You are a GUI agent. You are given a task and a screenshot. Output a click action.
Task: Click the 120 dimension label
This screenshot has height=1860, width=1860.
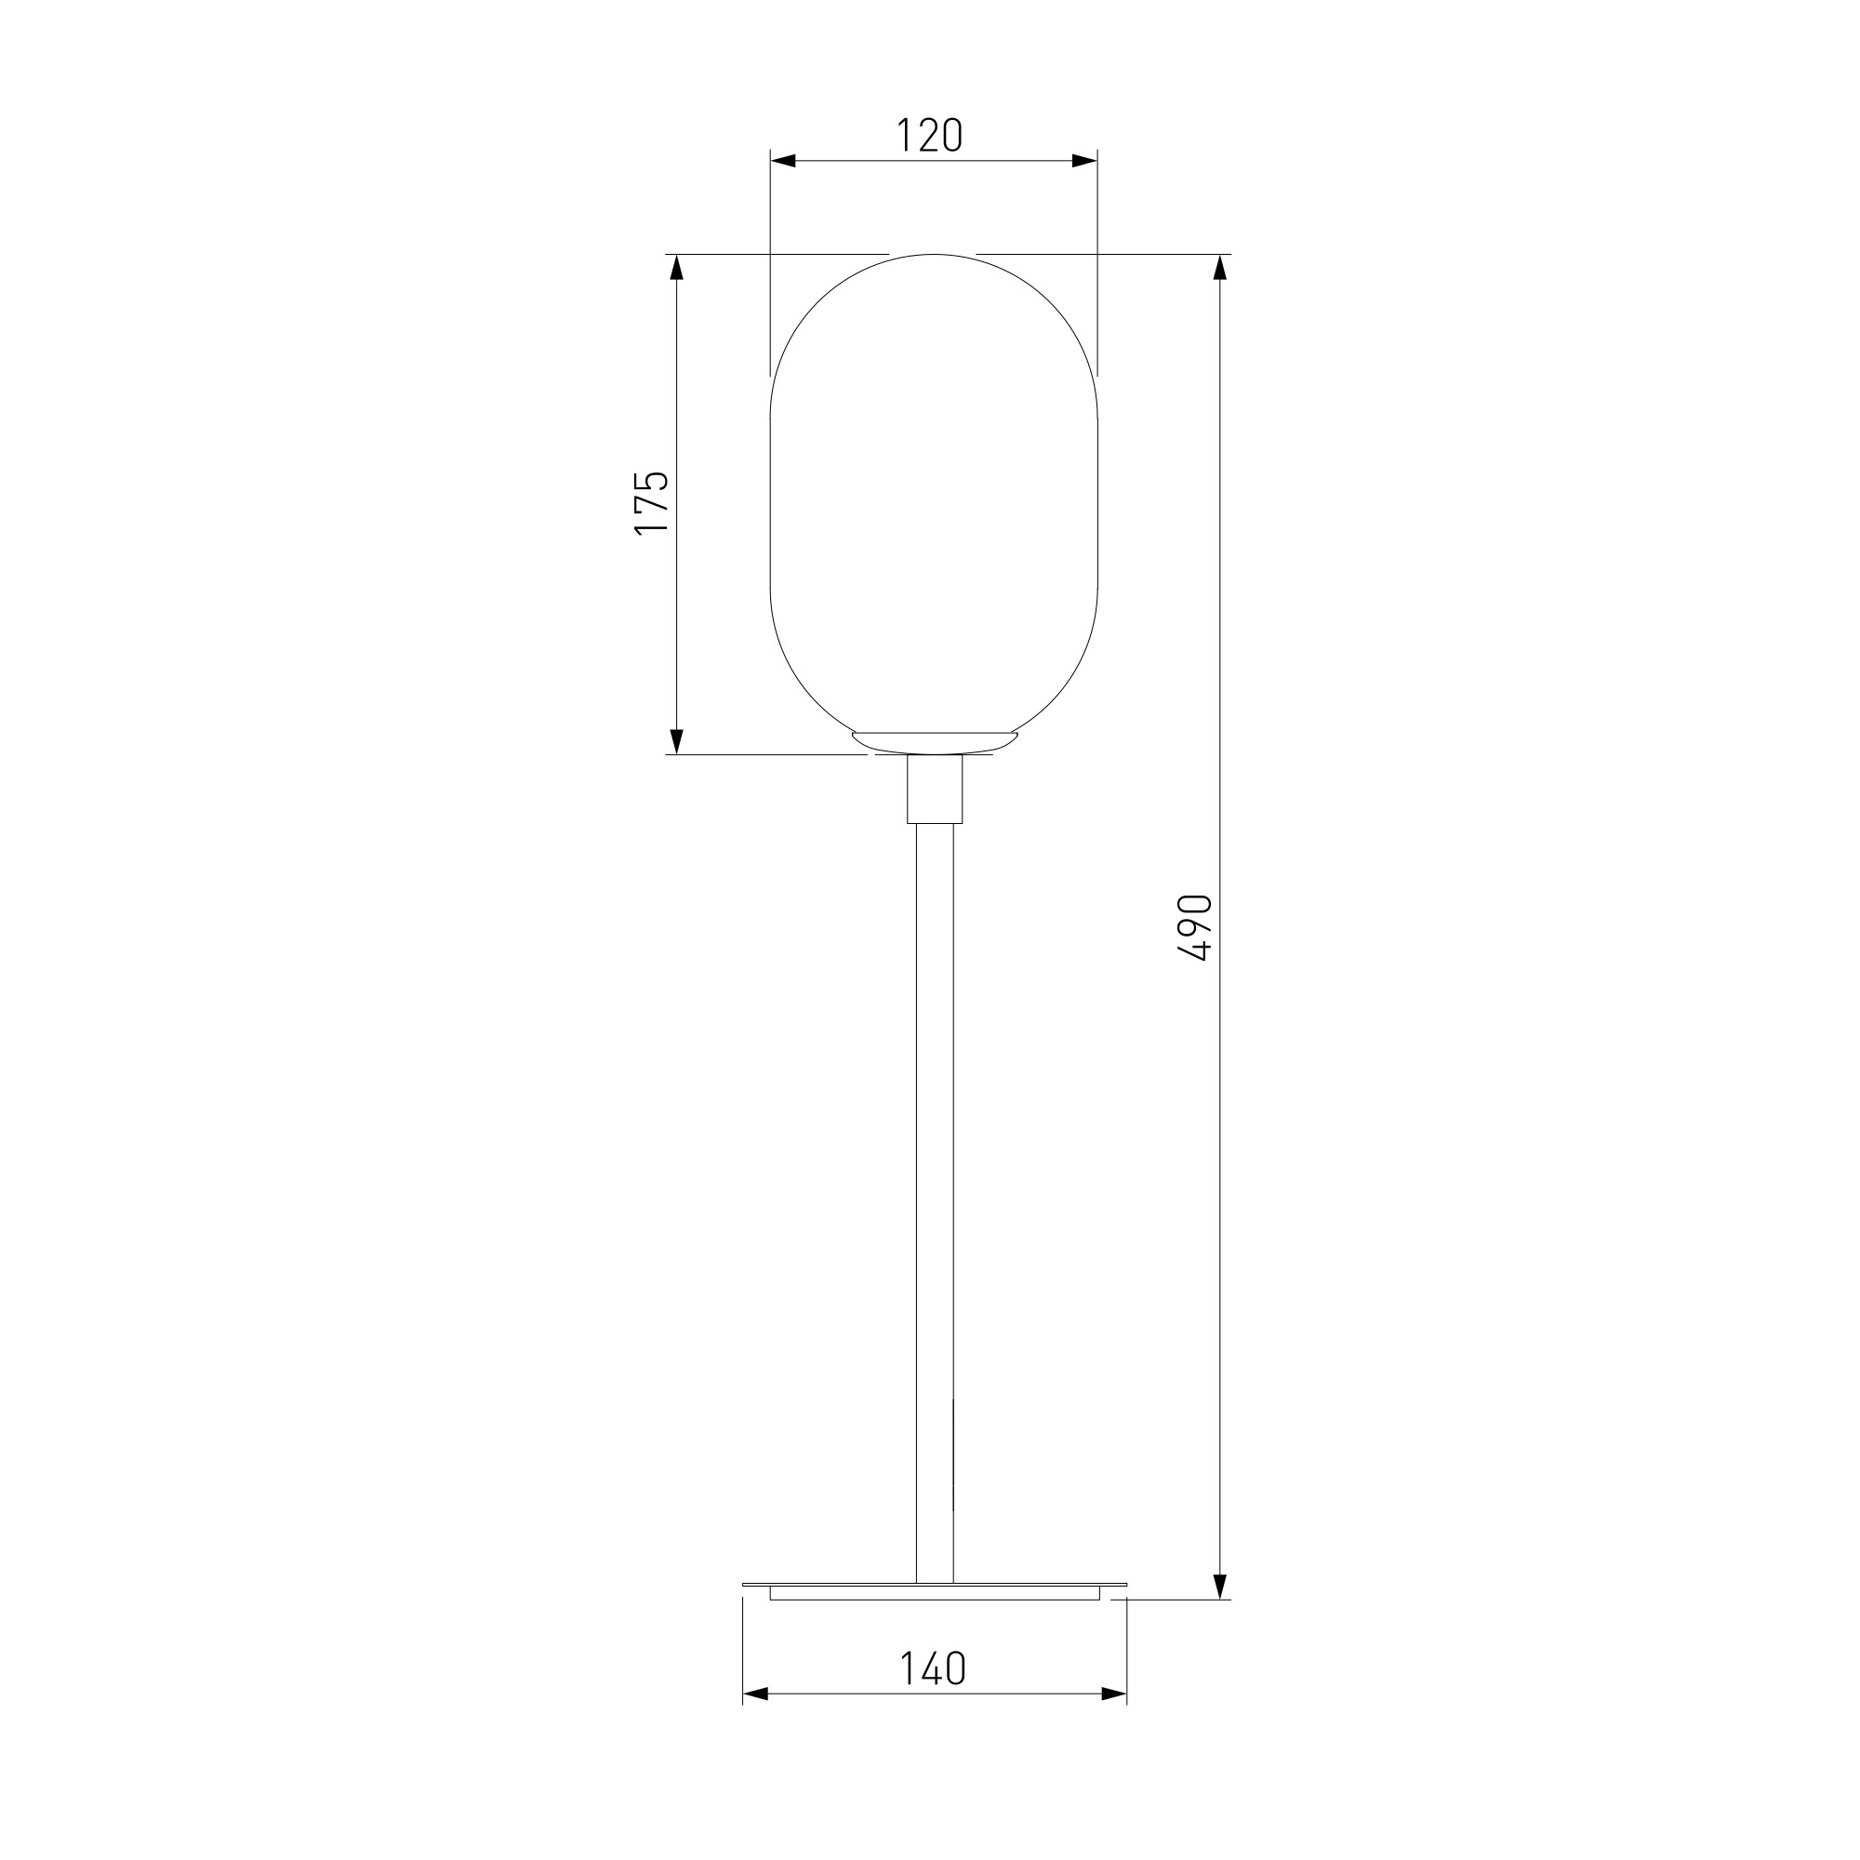[929, 136]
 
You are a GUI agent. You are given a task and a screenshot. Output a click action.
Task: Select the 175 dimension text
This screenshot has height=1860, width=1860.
[651, 501]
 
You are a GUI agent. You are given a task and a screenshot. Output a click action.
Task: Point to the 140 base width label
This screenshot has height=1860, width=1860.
[932, 1668]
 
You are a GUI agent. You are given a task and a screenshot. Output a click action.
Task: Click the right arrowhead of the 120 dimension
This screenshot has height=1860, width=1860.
[1085, 161]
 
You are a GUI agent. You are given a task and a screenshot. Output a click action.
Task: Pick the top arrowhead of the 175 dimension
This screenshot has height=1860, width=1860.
[676, 267]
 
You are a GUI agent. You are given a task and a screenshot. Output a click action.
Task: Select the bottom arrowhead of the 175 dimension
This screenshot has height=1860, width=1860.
[676, 741]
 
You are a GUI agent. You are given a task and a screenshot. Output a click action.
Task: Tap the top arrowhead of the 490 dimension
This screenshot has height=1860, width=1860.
[1220, 267]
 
